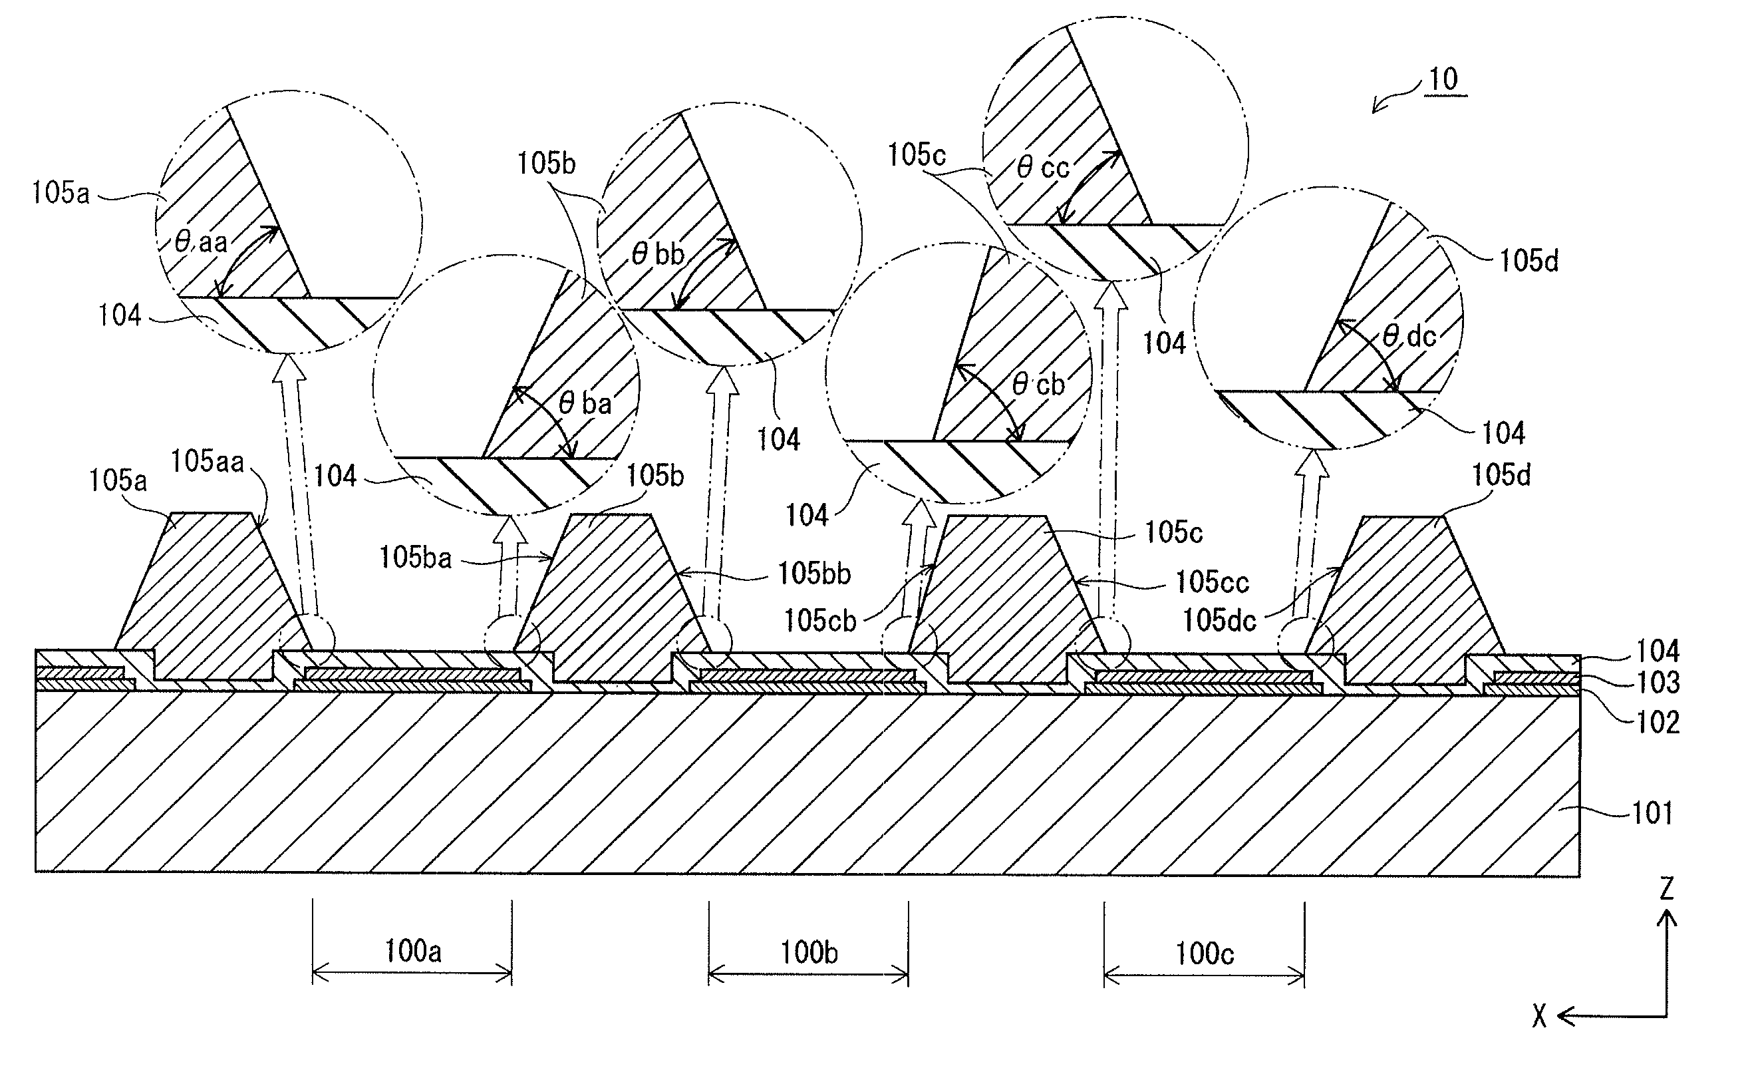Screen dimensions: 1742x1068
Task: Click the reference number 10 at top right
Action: [1443, 79]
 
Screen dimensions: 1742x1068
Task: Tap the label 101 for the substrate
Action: [1652, 812]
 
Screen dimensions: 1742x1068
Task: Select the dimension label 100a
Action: [412, 952]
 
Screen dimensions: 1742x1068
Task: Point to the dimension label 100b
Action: [809, 953]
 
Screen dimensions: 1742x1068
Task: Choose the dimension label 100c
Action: [1204, 954]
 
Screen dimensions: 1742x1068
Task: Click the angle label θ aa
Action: [202, 243]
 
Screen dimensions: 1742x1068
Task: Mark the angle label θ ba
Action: [585, 403]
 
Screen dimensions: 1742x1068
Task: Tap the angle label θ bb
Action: [658, 254]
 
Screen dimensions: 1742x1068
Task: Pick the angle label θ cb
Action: [1038, 385]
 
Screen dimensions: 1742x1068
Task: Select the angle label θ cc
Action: [1043, 167]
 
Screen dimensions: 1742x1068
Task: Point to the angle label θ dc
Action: [1409, 336]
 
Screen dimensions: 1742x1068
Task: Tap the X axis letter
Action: [1539, 1016]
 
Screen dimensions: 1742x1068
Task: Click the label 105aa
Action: [207, 461]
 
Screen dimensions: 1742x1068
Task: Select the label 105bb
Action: [813, 573]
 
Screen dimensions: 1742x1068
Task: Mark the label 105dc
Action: [1220, 620]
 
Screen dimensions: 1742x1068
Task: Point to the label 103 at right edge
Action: [1658, 683]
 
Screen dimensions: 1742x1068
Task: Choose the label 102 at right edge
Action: [1658, 722]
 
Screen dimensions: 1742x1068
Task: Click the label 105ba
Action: [415, 558]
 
